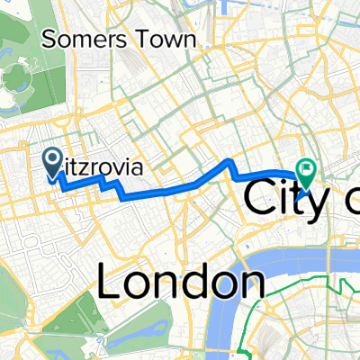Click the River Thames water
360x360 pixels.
point(270,265)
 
